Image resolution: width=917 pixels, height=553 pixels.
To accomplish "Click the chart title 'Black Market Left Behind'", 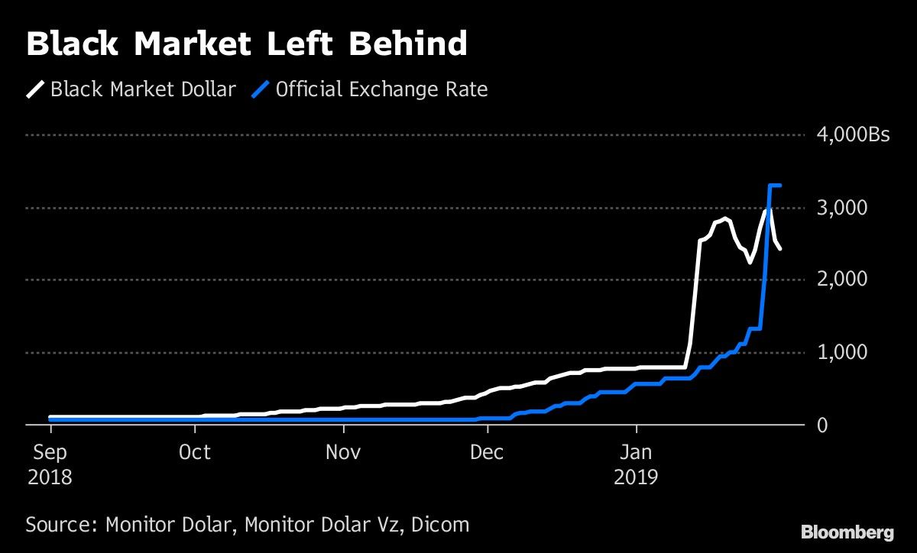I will pos(246,45).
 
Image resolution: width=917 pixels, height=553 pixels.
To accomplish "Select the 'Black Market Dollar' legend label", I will pos(143,89).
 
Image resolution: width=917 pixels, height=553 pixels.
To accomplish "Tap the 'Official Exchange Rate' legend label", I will pos(381,89).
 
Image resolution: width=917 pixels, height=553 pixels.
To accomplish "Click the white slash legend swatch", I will pos(36,90).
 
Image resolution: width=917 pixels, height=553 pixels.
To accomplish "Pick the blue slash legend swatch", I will pos(261,90).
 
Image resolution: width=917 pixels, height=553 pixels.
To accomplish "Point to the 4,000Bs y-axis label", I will pos(854,135).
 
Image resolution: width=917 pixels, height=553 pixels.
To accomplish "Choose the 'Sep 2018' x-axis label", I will pos(50,464).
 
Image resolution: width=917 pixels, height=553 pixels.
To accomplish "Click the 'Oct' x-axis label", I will pos(195,452).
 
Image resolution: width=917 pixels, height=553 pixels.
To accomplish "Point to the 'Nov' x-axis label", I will pos(343,452).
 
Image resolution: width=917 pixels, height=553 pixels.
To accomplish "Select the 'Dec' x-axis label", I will pos(487,452).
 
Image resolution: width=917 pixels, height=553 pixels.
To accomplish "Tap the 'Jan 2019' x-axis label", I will pos(637,464).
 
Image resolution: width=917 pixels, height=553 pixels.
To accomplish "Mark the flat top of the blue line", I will pos(774,186).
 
